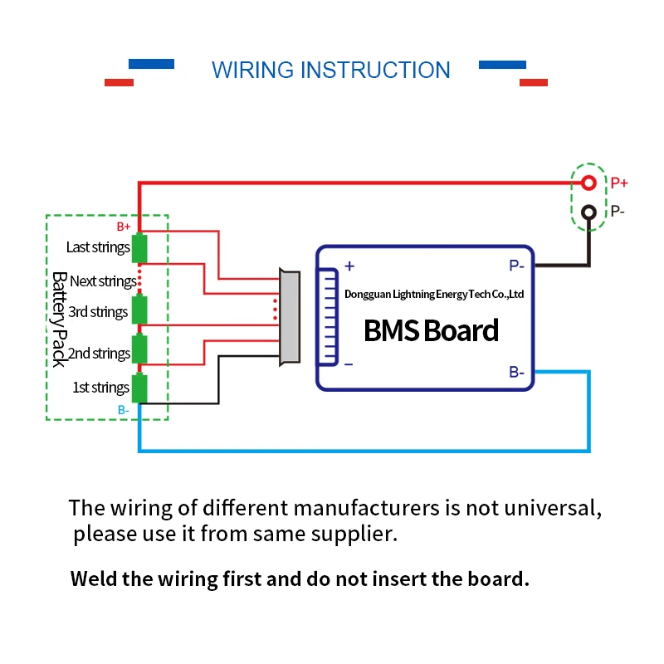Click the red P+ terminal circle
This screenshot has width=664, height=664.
click(588, 183)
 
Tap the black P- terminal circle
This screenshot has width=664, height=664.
click(588, 212)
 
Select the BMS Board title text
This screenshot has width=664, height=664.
click(431, 330)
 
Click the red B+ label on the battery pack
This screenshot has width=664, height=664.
click(124, 227)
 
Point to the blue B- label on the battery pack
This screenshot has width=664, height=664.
click(123, 410)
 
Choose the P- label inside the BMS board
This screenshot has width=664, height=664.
click(516, 266)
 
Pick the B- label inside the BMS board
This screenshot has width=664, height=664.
click(516, 372)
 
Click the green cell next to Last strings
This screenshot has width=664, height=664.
click(139, 247)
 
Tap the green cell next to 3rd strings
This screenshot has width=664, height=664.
click(139, 310)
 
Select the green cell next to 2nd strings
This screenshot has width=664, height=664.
click(139, 349)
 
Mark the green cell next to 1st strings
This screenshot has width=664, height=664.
click(139, 388)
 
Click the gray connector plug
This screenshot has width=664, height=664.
click(290, 317)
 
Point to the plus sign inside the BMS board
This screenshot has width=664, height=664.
click(349, 266)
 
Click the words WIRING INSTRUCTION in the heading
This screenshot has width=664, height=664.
click(330, 70)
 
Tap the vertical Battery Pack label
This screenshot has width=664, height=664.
click(60, 320)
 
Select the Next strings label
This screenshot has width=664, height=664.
click(103, 281)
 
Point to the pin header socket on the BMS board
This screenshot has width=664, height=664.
click(327, 317)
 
